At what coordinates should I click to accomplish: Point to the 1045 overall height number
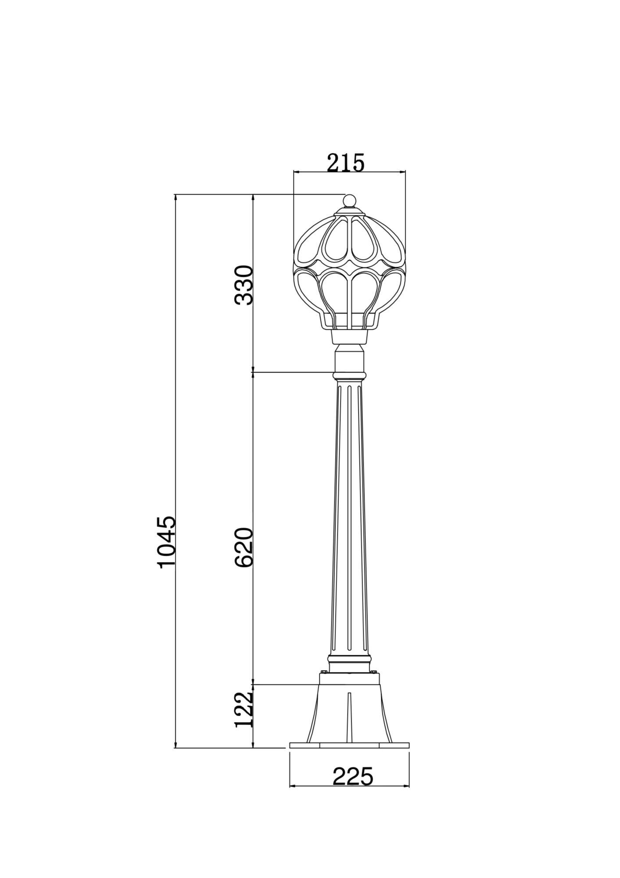tap(167, 543)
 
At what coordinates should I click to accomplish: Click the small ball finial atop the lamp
tap(349, 201)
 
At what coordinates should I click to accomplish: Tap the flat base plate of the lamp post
tap(349, 745)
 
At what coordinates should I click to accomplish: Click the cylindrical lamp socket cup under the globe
tap(349, 337)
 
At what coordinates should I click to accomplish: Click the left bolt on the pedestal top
tap(324, 684)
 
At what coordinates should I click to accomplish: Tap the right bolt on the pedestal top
tap(374, 684)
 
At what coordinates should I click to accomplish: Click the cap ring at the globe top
tap(349, 214)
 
